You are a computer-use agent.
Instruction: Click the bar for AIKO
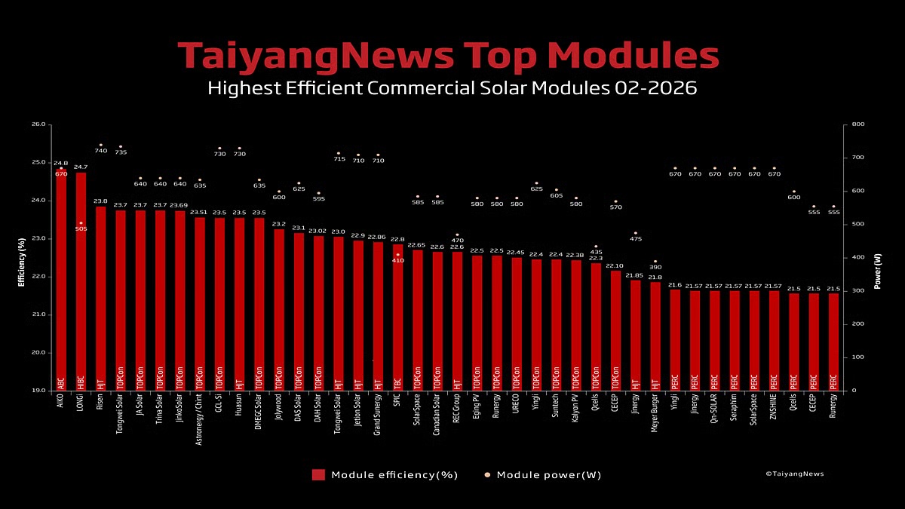[x=61, y=279]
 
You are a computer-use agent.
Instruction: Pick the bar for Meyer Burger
[x=655, y=336]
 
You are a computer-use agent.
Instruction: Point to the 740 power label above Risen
[x=100, y=151]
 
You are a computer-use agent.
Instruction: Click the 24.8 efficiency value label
[x=60, y=163]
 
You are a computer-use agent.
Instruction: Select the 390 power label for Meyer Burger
[x=655, y=268]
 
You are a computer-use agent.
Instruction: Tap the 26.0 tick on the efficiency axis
[x=38, y=124]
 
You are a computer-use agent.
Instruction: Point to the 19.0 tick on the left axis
[x=38, y=391]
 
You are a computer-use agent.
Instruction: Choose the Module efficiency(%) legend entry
[x=385, y=475]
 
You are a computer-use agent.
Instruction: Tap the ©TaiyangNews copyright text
[x=794, y=474]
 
